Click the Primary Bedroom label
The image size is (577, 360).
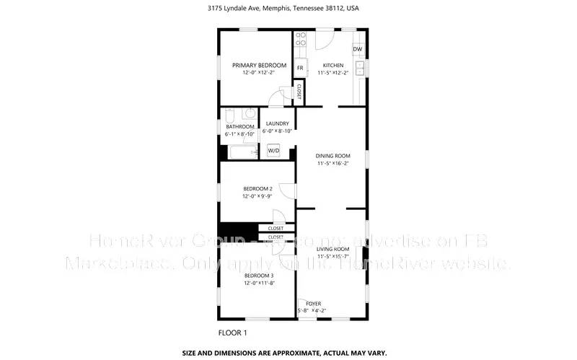tap(259, 66)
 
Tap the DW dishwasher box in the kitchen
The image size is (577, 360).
tap(357, 50)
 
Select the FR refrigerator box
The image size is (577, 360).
tap(300, 69)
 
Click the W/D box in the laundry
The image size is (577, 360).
tap(274, 151)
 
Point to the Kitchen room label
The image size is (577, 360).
tap(332, 66)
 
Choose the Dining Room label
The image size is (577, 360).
tap(333, 156)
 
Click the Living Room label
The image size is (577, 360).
tap(333, 249)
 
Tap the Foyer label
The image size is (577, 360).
tap(314, 303)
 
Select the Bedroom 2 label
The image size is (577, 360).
tap(257, 188)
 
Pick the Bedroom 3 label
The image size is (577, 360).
tap(259, 276)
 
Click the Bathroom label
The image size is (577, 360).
tap(240, 127)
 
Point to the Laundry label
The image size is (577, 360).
tap(278, 123)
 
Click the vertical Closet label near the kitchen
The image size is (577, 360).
tap(299, 91)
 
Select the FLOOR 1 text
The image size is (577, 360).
tap(232, 333)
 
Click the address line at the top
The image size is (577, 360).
tap(288, 8)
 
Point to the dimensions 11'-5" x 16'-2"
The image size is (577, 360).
tap(333, 164)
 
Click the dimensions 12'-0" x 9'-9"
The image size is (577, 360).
tap(257, 196)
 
